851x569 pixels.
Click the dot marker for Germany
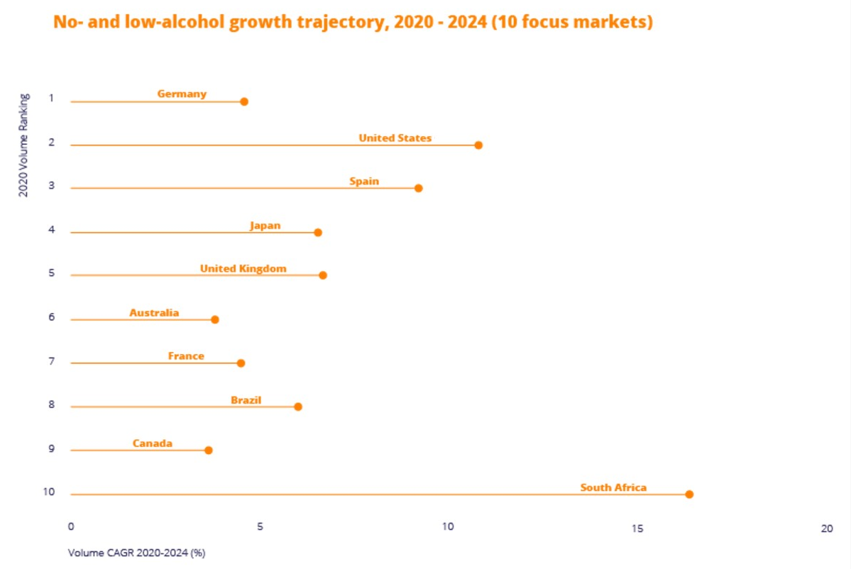point(244,101)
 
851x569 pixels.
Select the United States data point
point(478,145)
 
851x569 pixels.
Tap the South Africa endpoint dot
point(689,494)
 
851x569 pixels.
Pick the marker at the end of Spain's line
point(419,188)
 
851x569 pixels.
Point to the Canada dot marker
point(209,450)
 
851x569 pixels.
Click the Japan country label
point(265,226)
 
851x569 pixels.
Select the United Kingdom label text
point(243,269)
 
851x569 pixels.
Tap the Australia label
point(154,313)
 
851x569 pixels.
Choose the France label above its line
point(186,356)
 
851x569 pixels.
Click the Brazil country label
point(246,400)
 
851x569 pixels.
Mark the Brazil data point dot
point(298,407)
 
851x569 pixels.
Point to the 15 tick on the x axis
point(637,528)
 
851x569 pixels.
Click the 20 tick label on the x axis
point(826,528)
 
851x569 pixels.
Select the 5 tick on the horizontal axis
point(260,528)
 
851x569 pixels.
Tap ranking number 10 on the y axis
point(49,492)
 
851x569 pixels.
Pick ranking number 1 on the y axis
point(51,98)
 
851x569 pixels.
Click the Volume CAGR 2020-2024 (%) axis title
point(136,553)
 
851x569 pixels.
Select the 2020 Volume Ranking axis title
point(23,145)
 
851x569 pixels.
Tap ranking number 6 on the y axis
point(51,317)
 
